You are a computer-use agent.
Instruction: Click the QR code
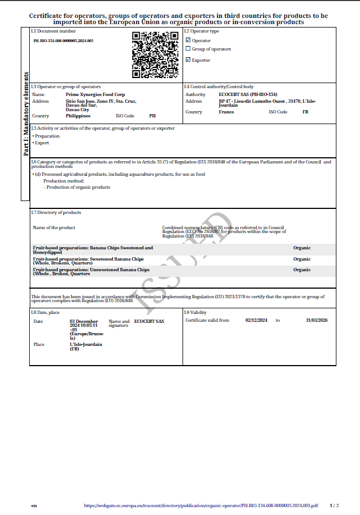pos(155,55)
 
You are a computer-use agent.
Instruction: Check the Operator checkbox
pos(188,40)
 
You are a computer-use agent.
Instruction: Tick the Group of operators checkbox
pos(188,49)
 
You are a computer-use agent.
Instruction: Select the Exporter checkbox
pos(188,60)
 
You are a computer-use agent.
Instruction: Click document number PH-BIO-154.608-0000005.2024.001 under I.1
pos(63,41)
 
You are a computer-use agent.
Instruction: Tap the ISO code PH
pos(152,116)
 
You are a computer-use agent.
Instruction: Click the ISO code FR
pos(306,112)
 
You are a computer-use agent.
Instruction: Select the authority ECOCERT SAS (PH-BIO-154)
pos(248,95)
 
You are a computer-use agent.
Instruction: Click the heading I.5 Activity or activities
pos(103,128)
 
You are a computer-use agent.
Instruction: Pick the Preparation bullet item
pos(47,136)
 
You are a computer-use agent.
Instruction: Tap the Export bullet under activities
pos(42,143)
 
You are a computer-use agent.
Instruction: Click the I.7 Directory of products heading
pos(56,212)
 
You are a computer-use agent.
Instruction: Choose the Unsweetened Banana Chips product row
pos(92,271)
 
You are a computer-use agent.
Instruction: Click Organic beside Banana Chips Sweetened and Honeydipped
pos(302,248)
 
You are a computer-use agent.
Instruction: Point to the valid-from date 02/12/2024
pos(257,320)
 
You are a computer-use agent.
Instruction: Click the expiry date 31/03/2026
pos(316,320)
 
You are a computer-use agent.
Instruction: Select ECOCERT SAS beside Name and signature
pos(149,321)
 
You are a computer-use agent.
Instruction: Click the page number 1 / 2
pos(334,505)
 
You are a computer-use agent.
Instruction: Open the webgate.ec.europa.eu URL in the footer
pos(200,505)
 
